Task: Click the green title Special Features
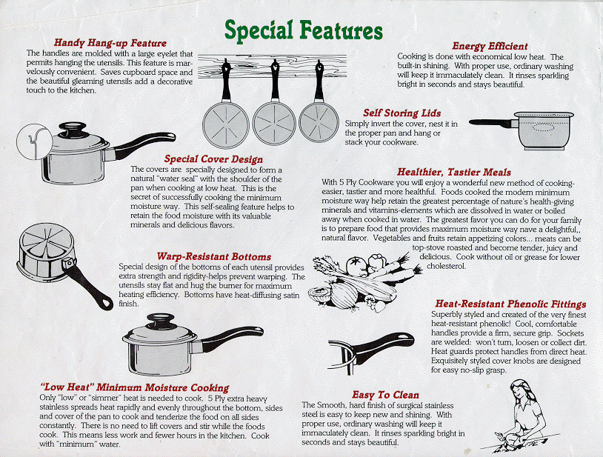(304, 30)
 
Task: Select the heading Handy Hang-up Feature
(110, 43)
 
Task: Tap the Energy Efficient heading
(490, 46)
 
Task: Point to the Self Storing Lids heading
(402, 113)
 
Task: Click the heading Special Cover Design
(213, 159)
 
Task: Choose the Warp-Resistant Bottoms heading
(214, 256)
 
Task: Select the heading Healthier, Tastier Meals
(454, 172)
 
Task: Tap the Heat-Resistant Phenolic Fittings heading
(510, 304)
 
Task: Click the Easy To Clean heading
(385, 395)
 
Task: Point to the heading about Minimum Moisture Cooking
(135, 387)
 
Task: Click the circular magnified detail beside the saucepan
(34, 141)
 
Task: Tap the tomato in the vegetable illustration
(356, 265)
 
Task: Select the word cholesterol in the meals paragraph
(446, 266)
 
